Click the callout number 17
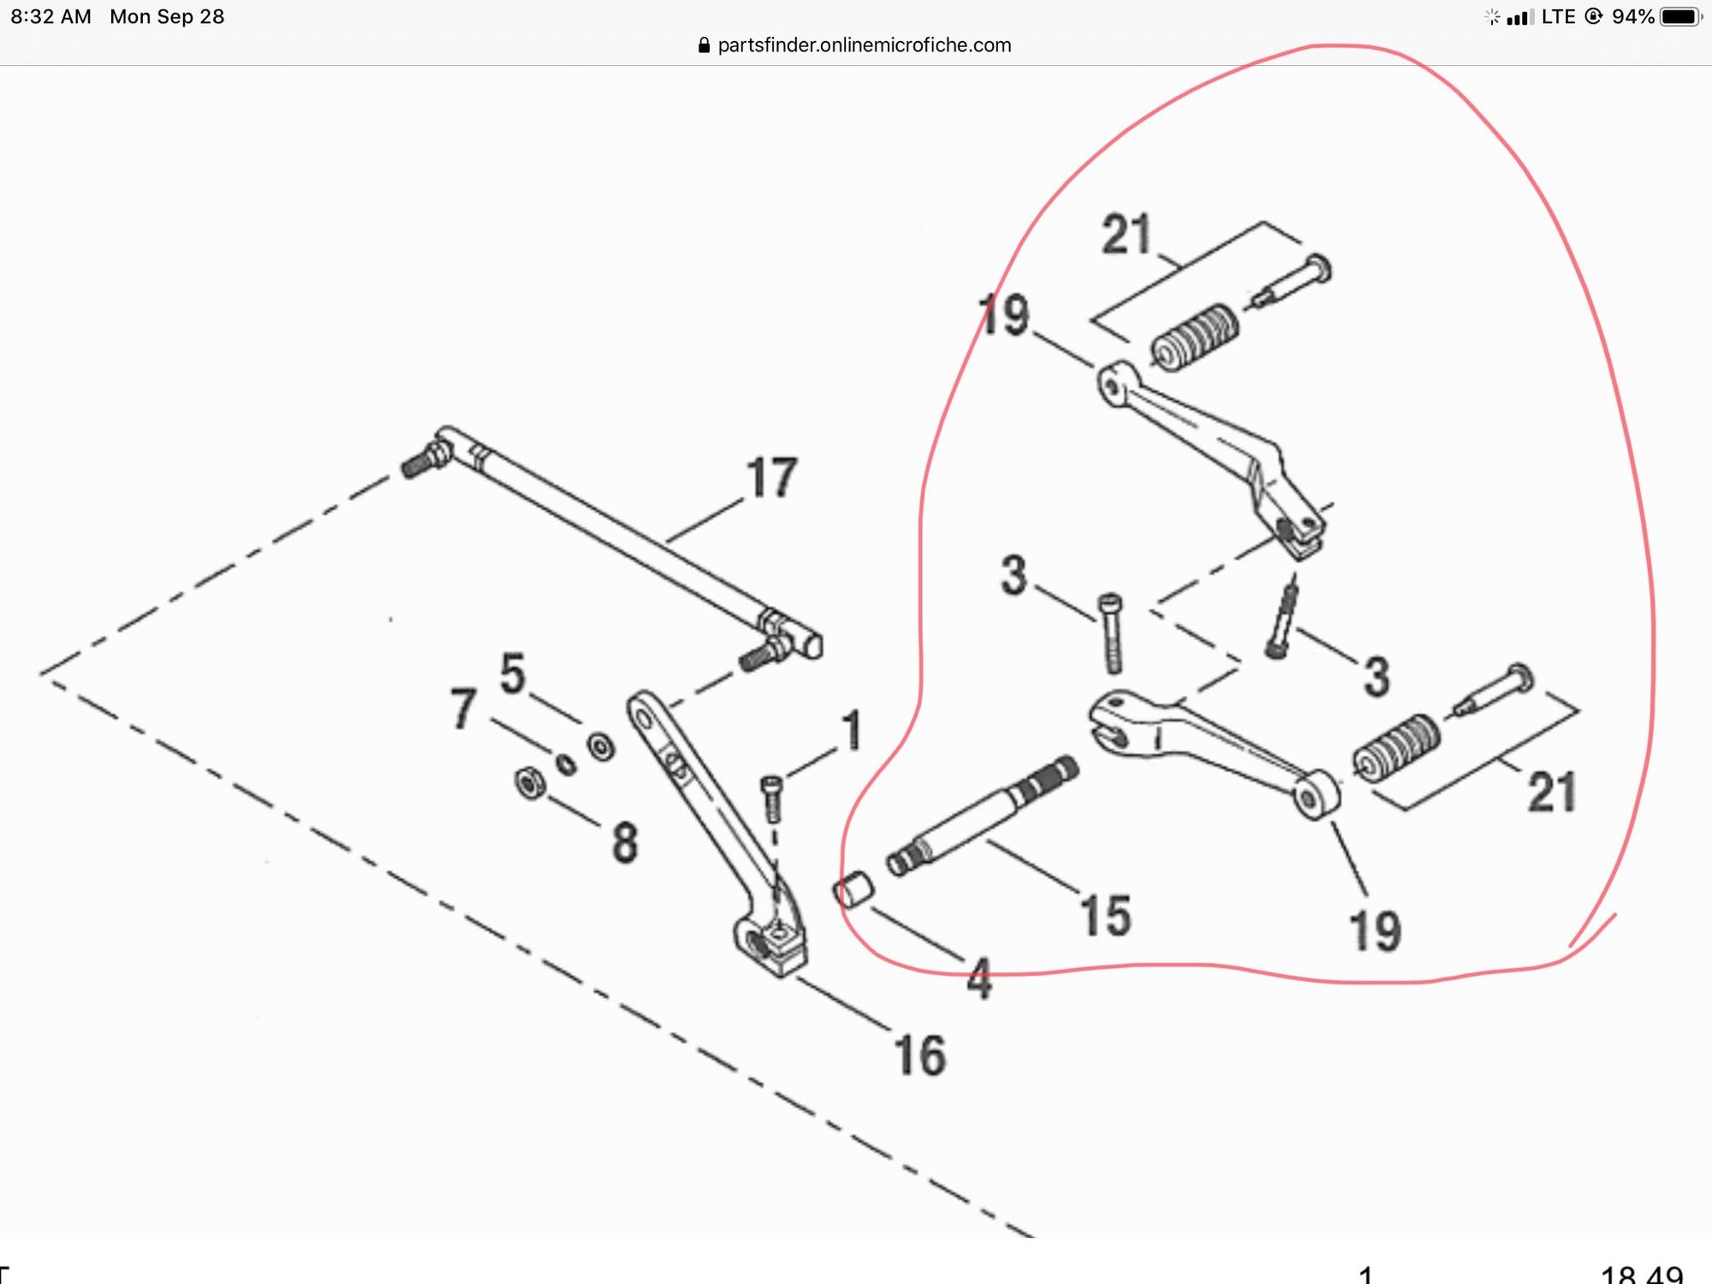point(771,478)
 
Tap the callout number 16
point(919,1055)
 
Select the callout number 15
point(1105,916)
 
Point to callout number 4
point(979,978)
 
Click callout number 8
point(625,841)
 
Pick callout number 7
point(463,709)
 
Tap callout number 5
point(512,674)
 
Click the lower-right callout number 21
point(1551,792)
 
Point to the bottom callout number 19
point(1375,931)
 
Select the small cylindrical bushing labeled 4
point(853,889)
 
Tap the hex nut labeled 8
point(530,783)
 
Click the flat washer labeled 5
point(601,746)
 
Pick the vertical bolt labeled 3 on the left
point(1111,633)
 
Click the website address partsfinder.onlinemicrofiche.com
point(864,45)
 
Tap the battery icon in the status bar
point(1679,17)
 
